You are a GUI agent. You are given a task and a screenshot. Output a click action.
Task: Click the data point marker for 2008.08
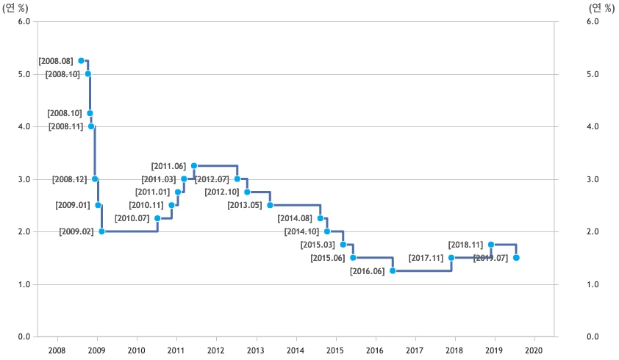[x=81, y=60]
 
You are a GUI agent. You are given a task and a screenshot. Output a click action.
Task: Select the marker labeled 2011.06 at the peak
[x=194, y=165]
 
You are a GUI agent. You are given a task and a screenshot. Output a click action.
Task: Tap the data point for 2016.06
[x=393, y=271]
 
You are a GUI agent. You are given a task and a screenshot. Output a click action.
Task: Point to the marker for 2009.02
[x=101, y=231]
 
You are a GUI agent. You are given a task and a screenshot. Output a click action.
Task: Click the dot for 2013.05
[x=270, y=205]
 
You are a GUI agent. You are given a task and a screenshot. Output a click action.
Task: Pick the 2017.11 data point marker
[x=451, y=258]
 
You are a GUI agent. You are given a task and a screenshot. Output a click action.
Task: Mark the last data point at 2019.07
[x=516, y=258]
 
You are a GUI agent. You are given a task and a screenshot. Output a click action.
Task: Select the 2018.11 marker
[x=491, y=245]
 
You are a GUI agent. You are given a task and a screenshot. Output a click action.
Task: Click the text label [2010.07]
[x=132, y=219]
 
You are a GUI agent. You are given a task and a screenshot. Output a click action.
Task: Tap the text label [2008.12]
[x=70, y=179]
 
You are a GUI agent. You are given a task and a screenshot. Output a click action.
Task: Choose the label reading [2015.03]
[x=318, y=245]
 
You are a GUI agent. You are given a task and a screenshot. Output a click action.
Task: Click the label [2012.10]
[x=222, y=192]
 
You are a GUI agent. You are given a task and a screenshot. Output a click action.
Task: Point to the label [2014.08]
[x=295, y=219]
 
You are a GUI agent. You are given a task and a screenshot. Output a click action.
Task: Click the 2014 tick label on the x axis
[x=296, y=350]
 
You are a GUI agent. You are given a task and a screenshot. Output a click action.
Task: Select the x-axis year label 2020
[x=534, y=350]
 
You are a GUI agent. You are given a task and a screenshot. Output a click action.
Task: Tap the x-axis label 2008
[x=57, y=350]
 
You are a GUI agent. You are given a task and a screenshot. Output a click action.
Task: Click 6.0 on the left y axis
[x=23, y=21]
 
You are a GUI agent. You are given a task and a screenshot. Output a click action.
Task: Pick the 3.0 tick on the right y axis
[x=593, y=179]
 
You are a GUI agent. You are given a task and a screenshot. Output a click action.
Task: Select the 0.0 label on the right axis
[x=593, y=336]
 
